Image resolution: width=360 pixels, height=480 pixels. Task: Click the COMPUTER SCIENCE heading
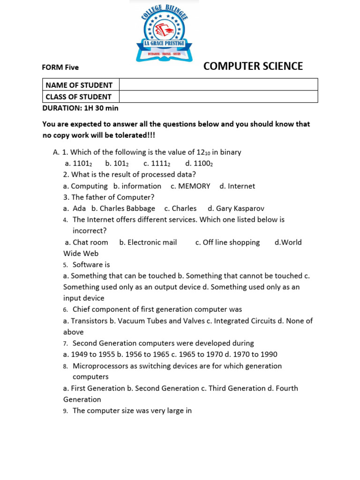pos(253,66)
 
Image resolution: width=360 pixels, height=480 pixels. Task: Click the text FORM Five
pos(60,67)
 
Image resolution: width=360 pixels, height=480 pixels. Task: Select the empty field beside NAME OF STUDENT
pos(218,85)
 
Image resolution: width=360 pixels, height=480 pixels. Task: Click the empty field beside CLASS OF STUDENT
pos(218,97)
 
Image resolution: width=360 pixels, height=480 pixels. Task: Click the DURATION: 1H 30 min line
pos(80,108)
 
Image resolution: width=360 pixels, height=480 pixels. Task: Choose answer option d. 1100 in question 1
pos(199,164)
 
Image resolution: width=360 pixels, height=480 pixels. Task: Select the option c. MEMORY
pos(190,186)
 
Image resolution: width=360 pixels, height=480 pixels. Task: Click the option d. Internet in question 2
pos(237,186)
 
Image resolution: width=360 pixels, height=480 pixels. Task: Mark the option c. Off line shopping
pos(227,242)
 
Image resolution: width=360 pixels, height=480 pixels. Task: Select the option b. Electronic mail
pos(148,242)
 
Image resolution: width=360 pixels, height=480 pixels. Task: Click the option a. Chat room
pos(87,242)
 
